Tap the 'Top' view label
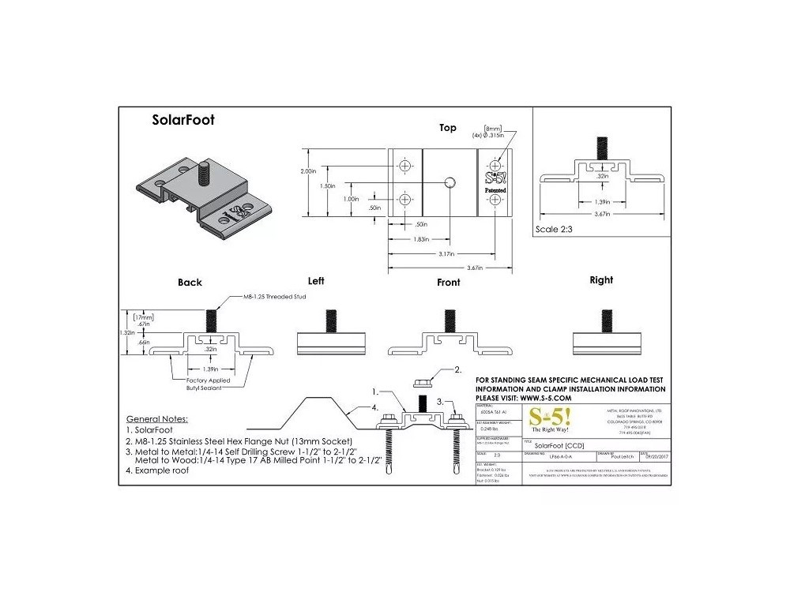click(x=448, y=128)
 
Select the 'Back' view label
click(x=190, y=283)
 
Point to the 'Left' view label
click(x=317, y=280)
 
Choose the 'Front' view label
click(x=448, y=283)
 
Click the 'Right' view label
click(x=601, y=279)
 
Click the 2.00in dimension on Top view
click(x=308, y=170)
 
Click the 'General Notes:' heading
click(x=162, y=418)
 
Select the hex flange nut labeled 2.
click(x=422, y=382)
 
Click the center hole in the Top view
click(x=448, y=182)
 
